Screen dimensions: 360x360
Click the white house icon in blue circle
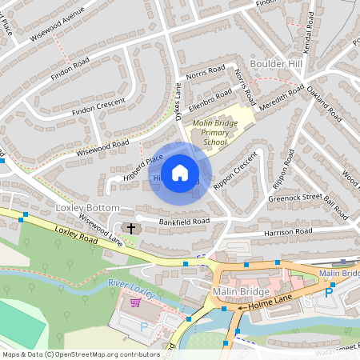tap(180, 172)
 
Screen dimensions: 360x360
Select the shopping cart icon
tap(135, 302)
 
